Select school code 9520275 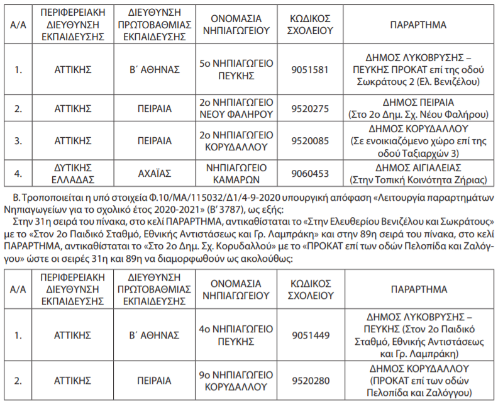(311, 108)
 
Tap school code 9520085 (311, 140)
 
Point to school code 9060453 (311, 173)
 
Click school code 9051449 (311, 335)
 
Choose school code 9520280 (311, 380)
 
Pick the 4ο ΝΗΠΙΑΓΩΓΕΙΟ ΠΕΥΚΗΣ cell (236, 335)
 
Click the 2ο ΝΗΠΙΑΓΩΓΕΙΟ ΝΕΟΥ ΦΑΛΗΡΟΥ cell (236, 108)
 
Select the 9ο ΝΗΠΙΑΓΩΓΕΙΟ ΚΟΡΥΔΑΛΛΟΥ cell (236, 380)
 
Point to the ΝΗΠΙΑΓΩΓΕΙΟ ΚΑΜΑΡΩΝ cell (236, 173)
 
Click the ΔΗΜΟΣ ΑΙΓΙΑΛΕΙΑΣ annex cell (418, 173)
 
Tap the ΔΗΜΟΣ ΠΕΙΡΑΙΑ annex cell (418, 108)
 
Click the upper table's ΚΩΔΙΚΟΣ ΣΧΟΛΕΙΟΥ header (311, 25)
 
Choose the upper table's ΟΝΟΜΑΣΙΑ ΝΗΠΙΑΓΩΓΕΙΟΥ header (236, 25)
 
